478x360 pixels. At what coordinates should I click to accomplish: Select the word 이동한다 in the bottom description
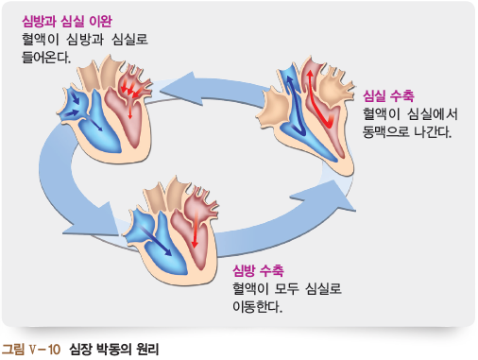tap(258, 308)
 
